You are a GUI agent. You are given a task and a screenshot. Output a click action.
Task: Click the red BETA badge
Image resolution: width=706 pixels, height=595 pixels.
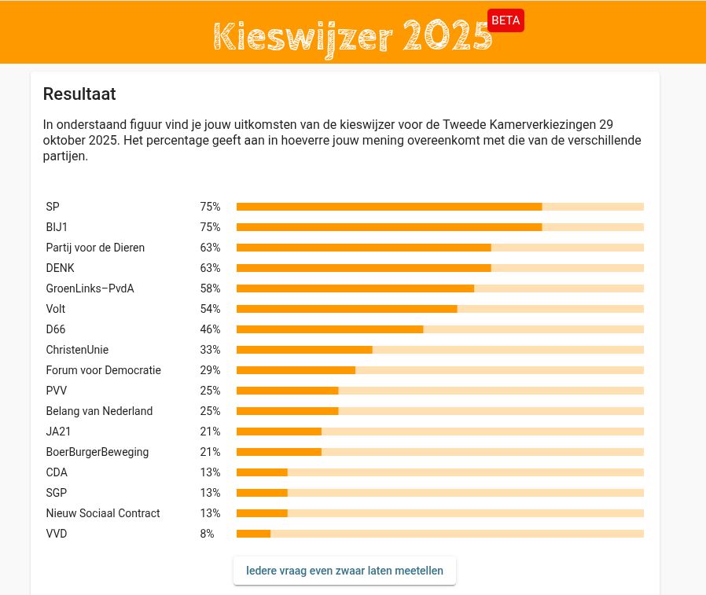506,20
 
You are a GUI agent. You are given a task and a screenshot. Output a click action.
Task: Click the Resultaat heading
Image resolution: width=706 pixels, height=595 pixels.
79,94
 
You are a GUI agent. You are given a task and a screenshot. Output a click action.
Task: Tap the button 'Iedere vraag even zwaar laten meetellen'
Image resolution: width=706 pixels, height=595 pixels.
344,571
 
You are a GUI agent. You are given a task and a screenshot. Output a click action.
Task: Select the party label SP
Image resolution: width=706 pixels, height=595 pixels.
53,207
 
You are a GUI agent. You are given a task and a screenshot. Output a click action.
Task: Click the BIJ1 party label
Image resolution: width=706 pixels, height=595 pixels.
57,227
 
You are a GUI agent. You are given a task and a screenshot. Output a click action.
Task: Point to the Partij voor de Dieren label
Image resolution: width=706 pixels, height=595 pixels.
95,248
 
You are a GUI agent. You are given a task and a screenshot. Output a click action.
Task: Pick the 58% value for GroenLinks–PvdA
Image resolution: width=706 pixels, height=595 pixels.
210,288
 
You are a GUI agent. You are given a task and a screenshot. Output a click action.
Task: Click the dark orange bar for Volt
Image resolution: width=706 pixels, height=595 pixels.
347,309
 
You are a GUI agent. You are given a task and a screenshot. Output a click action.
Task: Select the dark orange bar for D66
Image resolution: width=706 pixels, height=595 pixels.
329,329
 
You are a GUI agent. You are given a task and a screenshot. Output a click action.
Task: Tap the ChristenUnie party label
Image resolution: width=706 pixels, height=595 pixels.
77,350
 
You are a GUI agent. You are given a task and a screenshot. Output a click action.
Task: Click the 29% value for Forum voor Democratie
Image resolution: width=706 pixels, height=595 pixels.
210,370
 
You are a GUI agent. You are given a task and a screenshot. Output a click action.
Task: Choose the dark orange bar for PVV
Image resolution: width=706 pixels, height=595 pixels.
287,391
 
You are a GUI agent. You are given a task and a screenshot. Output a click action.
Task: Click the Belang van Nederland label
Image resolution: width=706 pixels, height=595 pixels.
99,411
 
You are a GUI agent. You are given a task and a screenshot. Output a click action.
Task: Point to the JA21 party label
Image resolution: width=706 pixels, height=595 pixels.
57,432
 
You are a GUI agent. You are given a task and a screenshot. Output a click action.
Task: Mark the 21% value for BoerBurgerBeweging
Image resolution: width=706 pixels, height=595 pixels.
210,452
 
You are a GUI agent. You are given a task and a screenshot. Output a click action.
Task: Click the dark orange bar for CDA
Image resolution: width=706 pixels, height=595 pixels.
262,472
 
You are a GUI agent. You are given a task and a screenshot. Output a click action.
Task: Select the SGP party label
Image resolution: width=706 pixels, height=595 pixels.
57,493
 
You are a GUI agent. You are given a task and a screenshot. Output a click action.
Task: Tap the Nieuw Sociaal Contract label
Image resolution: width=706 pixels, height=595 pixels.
103,513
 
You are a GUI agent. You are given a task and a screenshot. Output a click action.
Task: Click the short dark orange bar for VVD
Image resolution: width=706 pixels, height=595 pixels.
253,534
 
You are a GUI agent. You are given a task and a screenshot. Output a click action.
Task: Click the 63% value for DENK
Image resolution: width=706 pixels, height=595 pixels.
210,268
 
